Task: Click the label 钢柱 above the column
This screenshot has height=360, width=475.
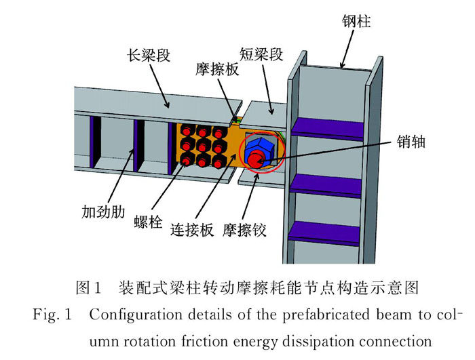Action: (x=356, y=22)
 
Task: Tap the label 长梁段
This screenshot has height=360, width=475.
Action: (x=149, y=56)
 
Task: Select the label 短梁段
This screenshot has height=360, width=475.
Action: (x=261, y=54)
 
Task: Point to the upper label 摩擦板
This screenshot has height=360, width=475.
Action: (x=217, y=69)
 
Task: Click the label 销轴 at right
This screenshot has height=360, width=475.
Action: (x=411, y=142)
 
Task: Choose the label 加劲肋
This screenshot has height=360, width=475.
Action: (x=103, y=212)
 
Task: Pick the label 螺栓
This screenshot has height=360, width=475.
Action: (x=148, y=222)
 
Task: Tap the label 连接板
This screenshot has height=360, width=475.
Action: (x=192, y=230)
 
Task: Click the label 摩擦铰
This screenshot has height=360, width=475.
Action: (x=244, y=230)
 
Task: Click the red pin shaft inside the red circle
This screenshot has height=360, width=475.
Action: (x=255, y=160)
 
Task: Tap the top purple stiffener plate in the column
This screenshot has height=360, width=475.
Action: (x=328, y=129)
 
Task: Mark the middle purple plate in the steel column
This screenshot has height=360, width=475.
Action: (x=325, y=186)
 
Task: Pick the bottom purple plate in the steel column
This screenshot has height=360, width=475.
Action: (x=324, y=233)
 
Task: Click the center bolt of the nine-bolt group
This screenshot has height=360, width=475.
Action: (x=203, y=146)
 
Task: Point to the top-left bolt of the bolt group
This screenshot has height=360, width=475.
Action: (x=187, y=131)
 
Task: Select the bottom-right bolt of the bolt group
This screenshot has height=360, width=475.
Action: (x=218, y=162)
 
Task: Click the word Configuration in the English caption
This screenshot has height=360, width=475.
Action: (x=136, y=315)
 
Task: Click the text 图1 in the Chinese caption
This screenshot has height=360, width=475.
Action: (x=88, y=287)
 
